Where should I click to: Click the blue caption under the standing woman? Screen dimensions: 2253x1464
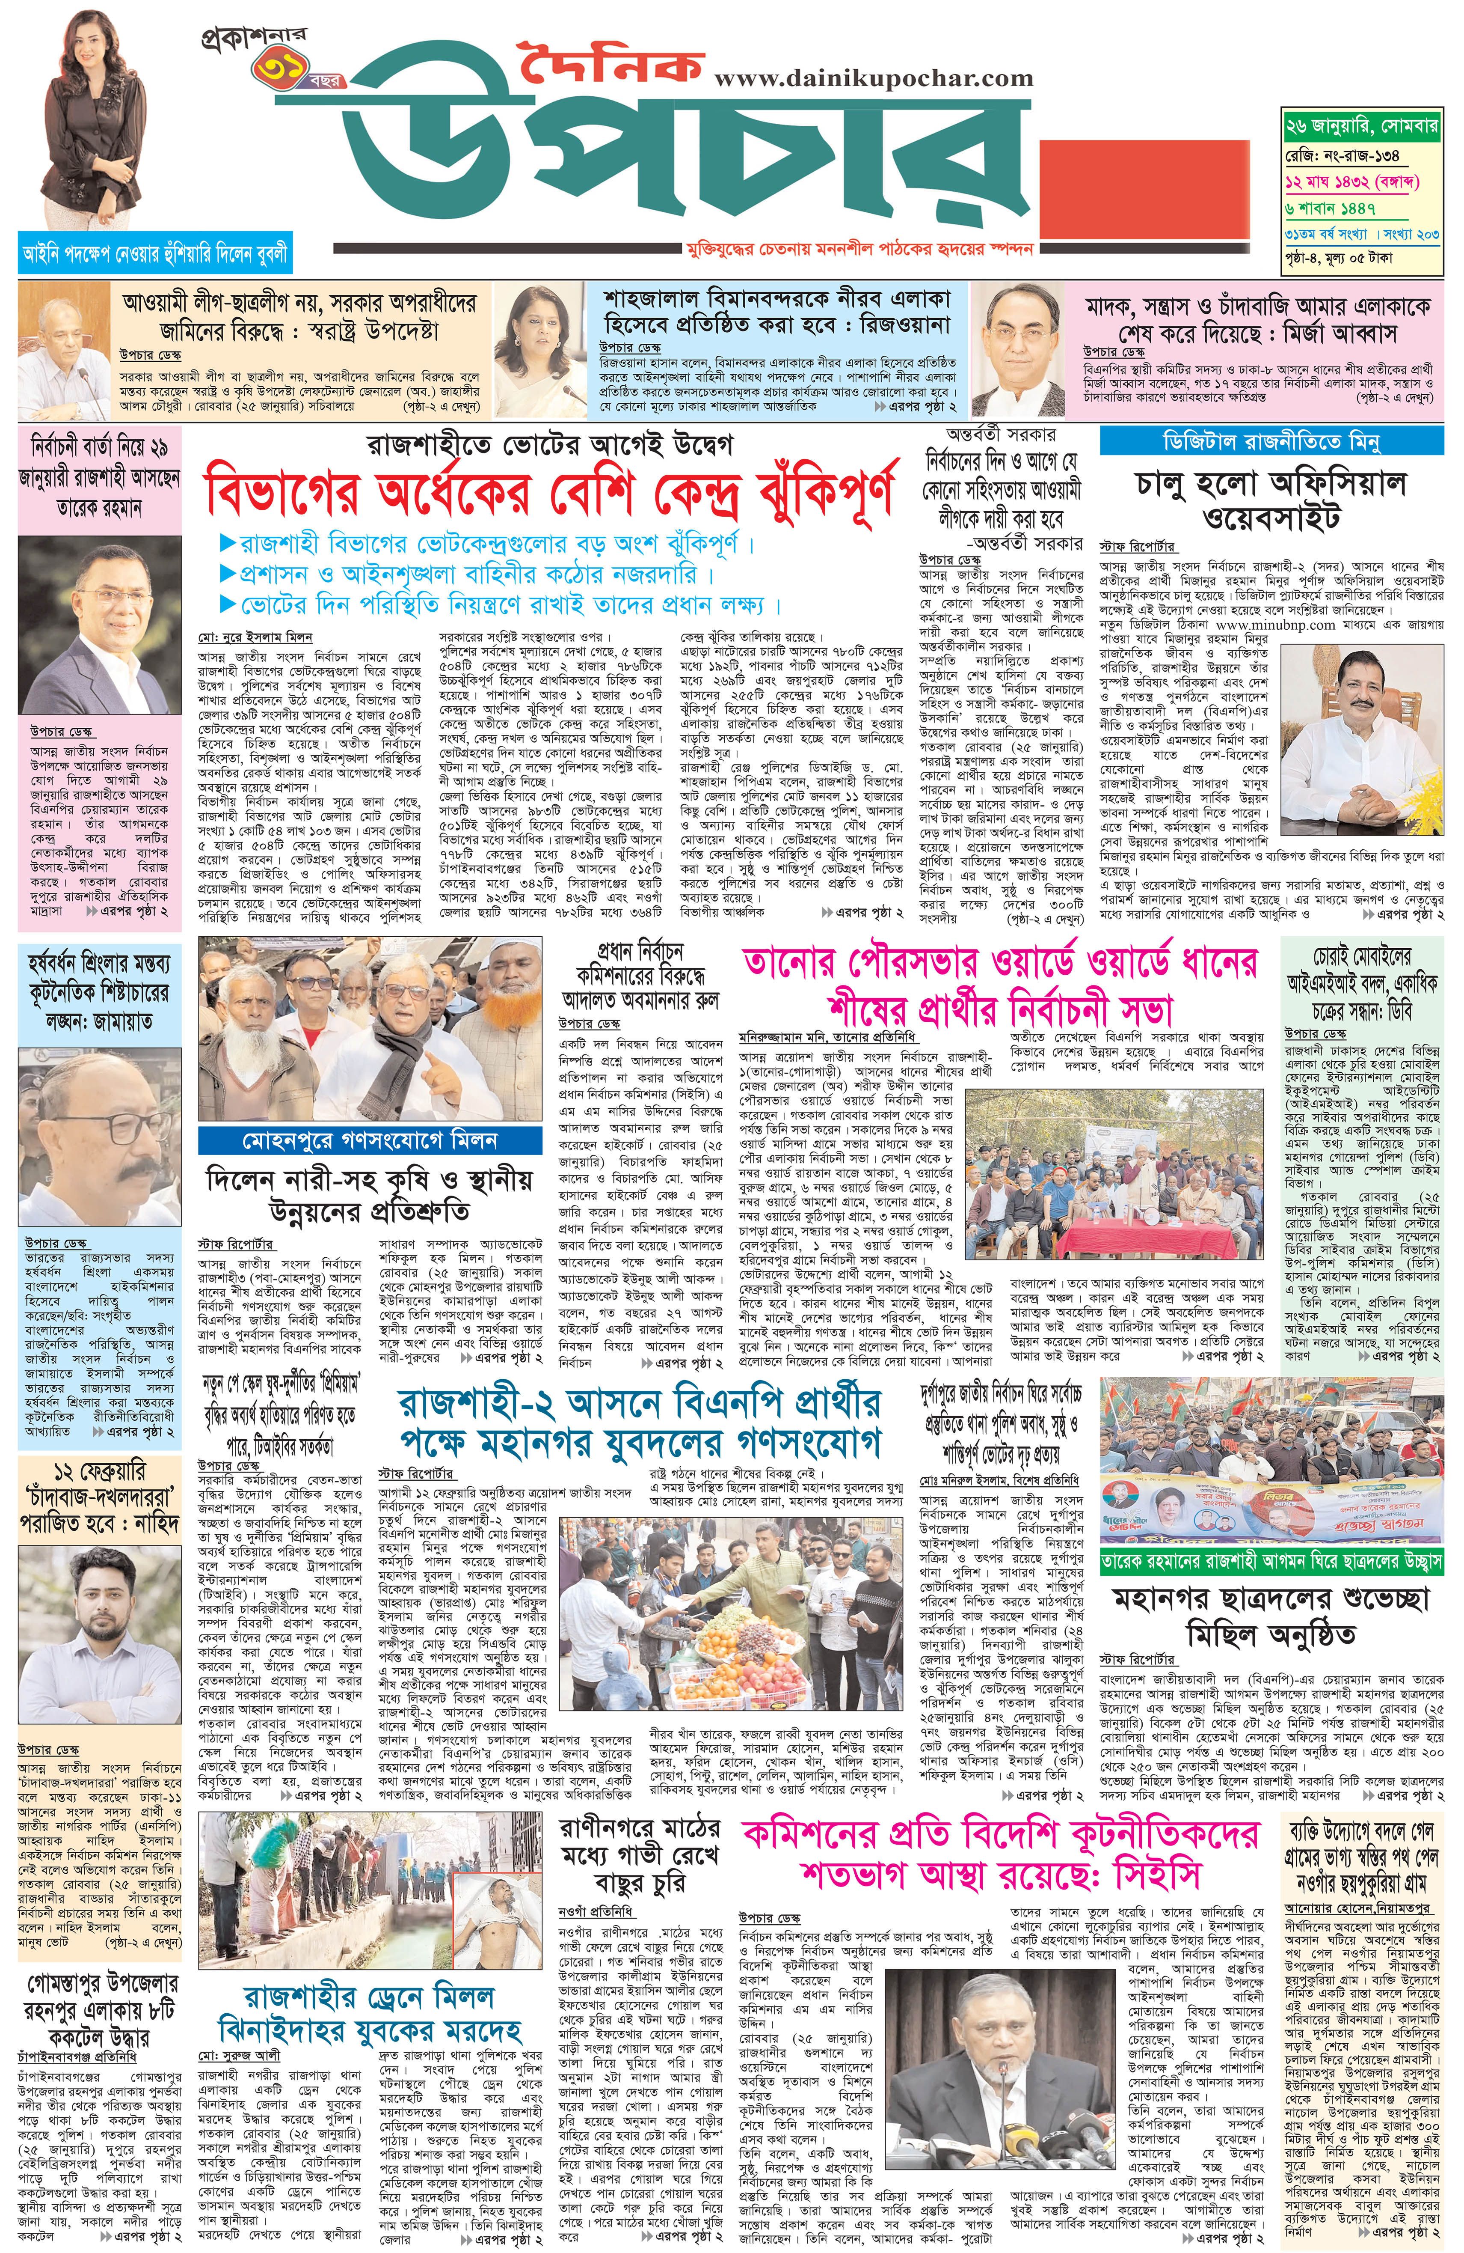click(x=155, y=254)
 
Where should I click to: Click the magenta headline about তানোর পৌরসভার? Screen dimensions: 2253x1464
click(x=1000, y=985)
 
